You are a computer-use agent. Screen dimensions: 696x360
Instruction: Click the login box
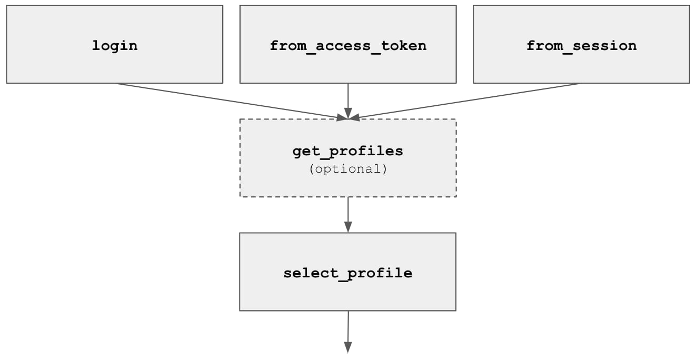[x=115, y=44]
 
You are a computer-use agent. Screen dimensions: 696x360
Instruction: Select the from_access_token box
[x=348, y=44]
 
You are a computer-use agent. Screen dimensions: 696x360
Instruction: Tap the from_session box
[x=581, y=44]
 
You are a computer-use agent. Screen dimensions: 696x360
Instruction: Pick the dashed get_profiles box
[x=348, y=158]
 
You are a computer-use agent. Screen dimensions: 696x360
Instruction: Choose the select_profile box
[x=347, y=272]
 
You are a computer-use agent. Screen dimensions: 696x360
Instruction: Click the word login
[x=115, y=46]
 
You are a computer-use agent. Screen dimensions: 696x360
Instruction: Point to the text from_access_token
[x=348, y=46]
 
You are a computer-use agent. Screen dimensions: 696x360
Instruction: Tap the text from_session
[x=581, y=46]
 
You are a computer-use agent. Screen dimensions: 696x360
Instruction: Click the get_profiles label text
[x=347, y=152]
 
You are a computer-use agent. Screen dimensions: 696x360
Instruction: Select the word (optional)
[x=348, y=169]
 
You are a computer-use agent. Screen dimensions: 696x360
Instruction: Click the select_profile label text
[x=347, y=273]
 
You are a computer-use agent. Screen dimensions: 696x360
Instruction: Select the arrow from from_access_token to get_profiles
[x=348, y=101]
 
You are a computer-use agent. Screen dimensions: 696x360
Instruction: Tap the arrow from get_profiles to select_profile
[x=348, y=215]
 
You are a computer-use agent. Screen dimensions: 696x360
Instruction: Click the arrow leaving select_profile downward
[x=348, y=332]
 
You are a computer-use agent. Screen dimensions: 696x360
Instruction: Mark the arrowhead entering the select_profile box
[x=348, y=227]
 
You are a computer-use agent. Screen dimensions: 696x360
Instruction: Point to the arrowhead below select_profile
[x=348, y=347]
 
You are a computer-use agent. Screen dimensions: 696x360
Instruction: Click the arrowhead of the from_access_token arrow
[x=348, y=113]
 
